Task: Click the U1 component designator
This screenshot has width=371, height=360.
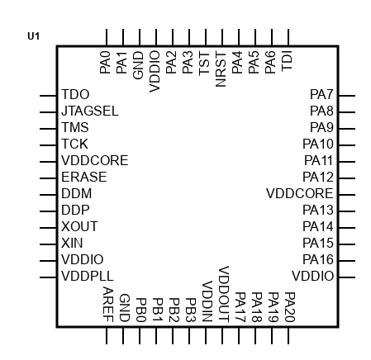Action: tap(34, 36)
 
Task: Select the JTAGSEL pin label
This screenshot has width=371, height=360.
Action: tap(90, 111)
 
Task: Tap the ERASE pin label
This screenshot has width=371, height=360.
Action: tap(84, 177)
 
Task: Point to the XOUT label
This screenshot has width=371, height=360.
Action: tap(79, 226)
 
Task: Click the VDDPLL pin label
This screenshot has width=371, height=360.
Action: tap(88, 276)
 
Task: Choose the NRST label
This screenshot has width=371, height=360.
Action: tap(221, 69)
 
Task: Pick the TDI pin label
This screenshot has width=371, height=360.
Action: tap(287, 61)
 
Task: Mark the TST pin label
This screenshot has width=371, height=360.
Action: tap(204, 63)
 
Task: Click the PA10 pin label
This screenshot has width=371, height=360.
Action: tap(318, 144)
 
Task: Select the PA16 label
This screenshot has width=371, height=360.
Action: tap(318, 259)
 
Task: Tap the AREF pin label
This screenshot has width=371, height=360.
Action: tap(108, 305)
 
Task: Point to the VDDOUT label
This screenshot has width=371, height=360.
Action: tap(224, 294)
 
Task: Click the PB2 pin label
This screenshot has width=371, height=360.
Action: tap(174, 310)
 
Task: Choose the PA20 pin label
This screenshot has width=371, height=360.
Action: tap(290, 307)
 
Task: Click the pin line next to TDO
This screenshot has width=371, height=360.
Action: tap(48, 96)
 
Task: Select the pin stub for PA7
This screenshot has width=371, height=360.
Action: tap(347, 96)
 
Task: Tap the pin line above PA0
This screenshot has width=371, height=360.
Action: tap(107, 37)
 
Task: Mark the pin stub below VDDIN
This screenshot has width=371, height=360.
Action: tap(206, 335)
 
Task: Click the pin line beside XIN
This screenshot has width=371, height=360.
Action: tap(48, 244)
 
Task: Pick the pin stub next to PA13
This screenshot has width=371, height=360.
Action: tap(347, 211)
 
